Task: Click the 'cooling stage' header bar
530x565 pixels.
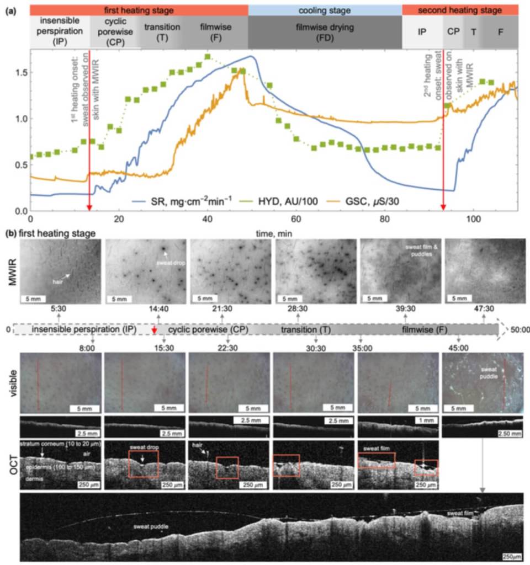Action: click(x=325, y=10)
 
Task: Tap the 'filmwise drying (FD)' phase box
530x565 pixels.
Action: click(x=325, y=32)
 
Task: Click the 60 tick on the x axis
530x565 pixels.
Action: click(x=296, y=218)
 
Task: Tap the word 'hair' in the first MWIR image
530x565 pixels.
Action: click(x=54, y=280)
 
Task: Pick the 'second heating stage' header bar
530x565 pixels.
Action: click(x=460, y=10)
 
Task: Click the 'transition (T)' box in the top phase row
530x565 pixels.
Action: click(x=158, y=32)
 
